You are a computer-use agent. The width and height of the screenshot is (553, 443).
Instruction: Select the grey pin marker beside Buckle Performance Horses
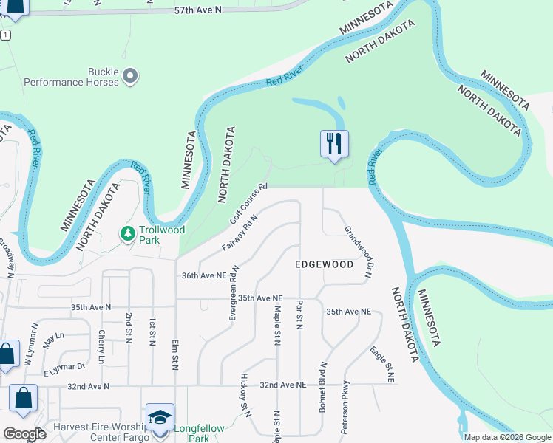(131, 75)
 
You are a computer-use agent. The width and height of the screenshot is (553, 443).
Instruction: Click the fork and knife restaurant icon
(334, 142)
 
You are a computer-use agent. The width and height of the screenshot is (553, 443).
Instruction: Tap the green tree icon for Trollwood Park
(128, 234)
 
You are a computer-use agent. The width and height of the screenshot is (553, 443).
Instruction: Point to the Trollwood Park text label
(162, 235)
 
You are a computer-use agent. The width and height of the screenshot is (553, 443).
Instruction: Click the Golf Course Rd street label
(248, 204)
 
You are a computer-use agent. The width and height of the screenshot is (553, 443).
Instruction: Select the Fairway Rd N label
(240, 232)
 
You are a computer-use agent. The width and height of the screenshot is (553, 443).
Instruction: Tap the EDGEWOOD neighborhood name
(324, 264)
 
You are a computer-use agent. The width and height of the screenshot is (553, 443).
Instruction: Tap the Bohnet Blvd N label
(323, 386)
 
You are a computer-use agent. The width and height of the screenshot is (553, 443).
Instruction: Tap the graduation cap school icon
(160, 416)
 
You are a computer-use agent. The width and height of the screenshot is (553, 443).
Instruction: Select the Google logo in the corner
(24, 434)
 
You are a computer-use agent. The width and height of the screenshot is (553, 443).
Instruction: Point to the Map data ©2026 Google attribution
(506, 437)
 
